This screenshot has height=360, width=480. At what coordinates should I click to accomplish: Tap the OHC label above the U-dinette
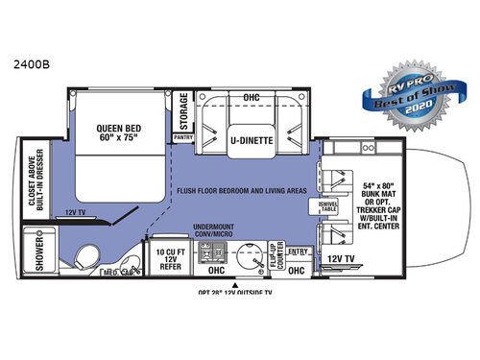252,96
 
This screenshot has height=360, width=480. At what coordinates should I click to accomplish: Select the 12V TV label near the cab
342,258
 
